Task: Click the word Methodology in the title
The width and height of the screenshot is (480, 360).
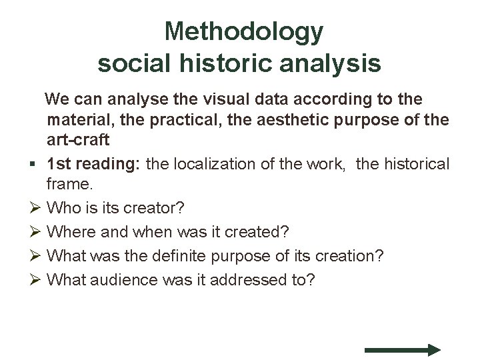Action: [x=243, y=31]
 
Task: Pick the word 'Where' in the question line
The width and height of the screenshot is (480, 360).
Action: [x=71, y=231]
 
